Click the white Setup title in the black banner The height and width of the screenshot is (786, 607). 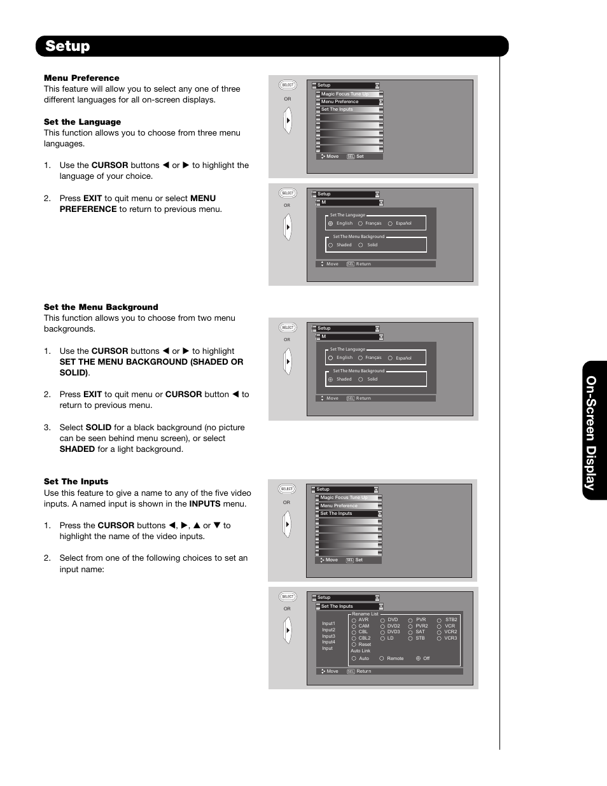click(67, 46)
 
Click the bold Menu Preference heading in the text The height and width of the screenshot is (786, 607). click(81, 78)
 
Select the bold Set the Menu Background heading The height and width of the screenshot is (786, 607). click(101, 307)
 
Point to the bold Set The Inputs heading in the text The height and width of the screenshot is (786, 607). click(76, 481)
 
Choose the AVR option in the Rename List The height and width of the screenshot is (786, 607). click(363, 620)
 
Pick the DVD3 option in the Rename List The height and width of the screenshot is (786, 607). click(393, 632)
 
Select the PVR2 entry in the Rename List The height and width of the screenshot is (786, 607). click(421, 626)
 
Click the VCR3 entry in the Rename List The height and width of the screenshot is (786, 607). click(450, 638)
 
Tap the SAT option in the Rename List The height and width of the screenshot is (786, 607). click(420, 632)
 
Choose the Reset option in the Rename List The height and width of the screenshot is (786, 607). click(364, 645)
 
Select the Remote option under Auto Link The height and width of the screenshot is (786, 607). click(394, 659)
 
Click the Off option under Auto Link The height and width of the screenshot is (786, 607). click(426, 659)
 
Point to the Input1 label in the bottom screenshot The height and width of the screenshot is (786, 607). click(328, 624)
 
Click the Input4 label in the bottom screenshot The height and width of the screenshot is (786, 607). click(328, 642)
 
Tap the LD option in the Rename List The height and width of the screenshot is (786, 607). click(390, 638)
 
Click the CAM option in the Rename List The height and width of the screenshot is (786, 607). click(363, 626)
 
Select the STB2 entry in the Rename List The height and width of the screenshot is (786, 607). click(450, 620)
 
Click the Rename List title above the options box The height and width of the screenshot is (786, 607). click(365, 614)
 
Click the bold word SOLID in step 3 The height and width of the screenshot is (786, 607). click(99, 427)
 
